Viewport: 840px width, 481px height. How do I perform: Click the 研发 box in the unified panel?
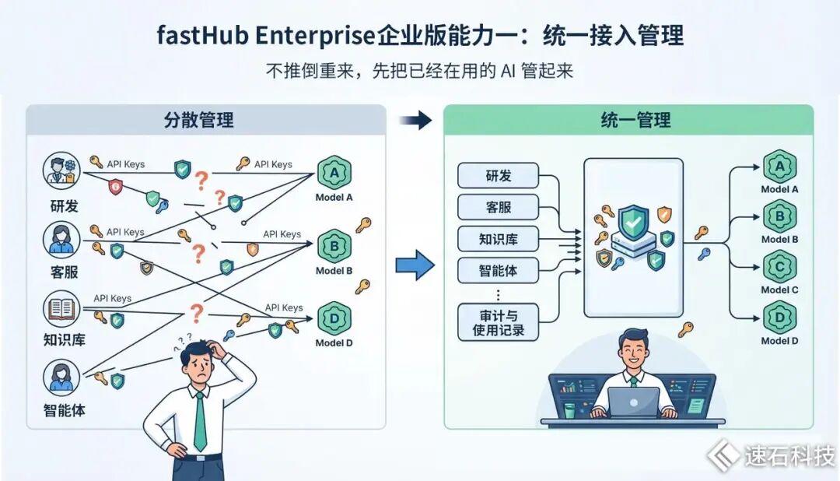pyautogui.click(x=499, y=175)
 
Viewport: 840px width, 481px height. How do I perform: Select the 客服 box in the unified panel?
pyautogui.click(x=499, y=207)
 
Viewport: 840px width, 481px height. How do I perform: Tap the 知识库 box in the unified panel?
pyautogui.click(x=499, y=239)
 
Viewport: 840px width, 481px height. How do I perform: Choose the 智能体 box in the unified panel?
pyautogui.click(x=499, y=270)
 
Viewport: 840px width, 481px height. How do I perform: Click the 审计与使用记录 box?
pyautogui.click(x=499, y=322)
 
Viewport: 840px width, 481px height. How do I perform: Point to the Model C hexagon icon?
pyautogui.click(x=779, y=267)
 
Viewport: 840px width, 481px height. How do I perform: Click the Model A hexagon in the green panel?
pyautogui.click(x=779, y=167)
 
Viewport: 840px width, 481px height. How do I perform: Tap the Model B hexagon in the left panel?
pyautogui.click(x=334, y=247)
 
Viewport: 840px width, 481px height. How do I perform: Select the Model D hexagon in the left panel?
pyautogui.click(x=334, y=319)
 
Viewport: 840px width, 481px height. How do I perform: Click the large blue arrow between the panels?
pyautogui.click(x=415, y=265)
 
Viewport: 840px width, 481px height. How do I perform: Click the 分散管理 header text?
pyautogui.click(x=199, y=120)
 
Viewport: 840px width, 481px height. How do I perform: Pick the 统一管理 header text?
pyautogui.click(x=635, y=120)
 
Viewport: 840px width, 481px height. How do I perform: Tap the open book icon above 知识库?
pyautogui.click(x=61, y=309)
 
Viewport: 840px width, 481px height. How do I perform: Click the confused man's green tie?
pyautogui.click(x=200, y=422)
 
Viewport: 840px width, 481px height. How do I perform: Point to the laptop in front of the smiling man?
pyautogui.click(x=634, y=402)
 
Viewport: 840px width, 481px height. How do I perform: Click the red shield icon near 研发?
pyautogui.click(x=115, y=186)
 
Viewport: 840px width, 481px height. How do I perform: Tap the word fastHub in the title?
pyautogui.click(x=202, y=35)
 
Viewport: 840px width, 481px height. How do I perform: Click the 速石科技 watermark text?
pyautogui.click(x=789, y=456)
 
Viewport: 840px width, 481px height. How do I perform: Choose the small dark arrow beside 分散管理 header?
pyautogui.click(x=415, y=120)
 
